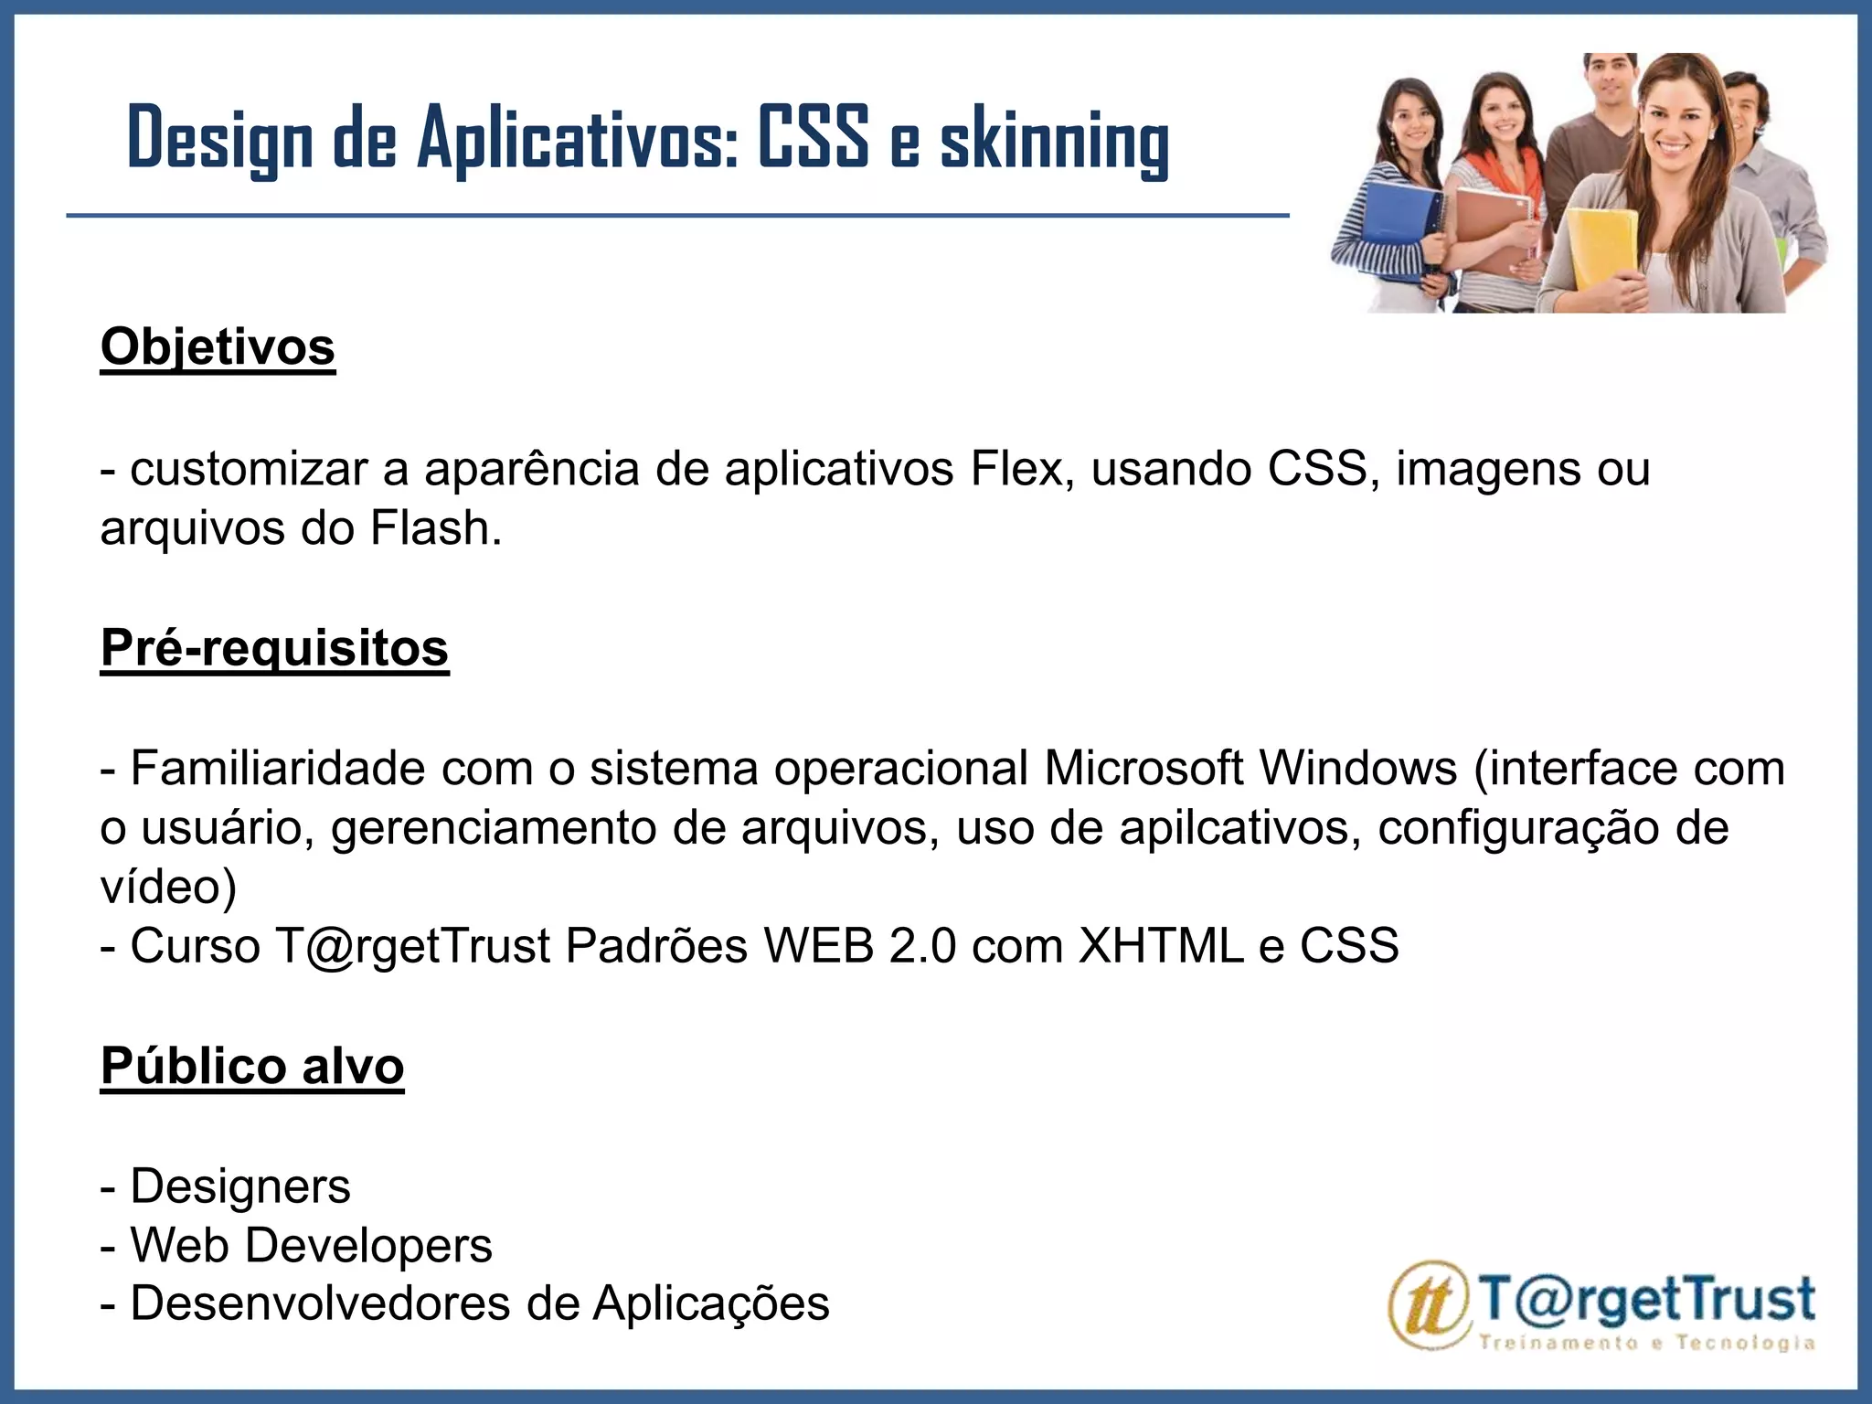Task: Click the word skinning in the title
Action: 1055,139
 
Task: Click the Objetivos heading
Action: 218,347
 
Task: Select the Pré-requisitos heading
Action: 274,648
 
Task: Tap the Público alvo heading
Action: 252,1066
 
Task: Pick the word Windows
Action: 1357,768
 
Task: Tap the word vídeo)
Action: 168,887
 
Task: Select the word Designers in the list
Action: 240,1186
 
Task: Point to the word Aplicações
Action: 710,1303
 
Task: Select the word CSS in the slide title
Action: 813,139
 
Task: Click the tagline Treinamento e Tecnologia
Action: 1645,1343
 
